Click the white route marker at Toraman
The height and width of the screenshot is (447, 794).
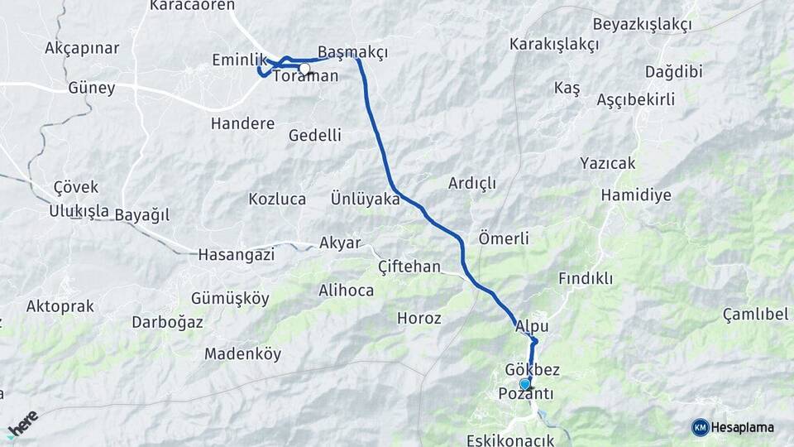tap(305, 69)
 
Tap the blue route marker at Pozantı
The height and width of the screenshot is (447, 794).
tap(524, 384)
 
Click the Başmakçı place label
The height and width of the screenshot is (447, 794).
tap(353, 51)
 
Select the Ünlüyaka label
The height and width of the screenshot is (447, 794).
tap(366, 199)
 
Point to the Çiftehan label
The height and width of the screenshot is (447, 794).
tap(409, 267)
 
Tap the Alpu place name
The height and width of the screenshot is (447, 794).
tap(532, 327)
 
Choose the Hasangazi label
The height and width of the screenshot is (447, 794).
tap(236, 255)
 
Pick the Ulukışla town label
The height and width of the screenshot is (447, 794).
tap(79, 211)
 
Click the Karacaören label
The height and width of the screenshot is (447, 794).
tap(192, 5)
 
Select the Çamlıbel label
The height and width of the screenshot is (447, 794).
tap(755, 315)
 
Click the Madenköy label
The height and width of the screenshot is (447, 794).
tap(242, 354)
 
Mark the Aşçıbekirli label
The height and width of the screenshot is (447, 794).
tap(635, 99)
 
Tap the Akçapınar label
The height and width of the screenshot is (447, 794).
tap(82, 47)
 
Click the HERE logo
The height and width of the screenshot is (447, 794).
tap(23, 424)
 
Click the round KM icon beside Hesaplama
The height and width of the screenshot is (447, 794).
tap(700, 427)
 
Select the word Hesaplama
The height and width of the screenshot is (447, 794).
tap(743, 427)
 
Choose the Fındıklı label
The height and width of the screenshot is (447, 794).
tap(586, 278)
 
